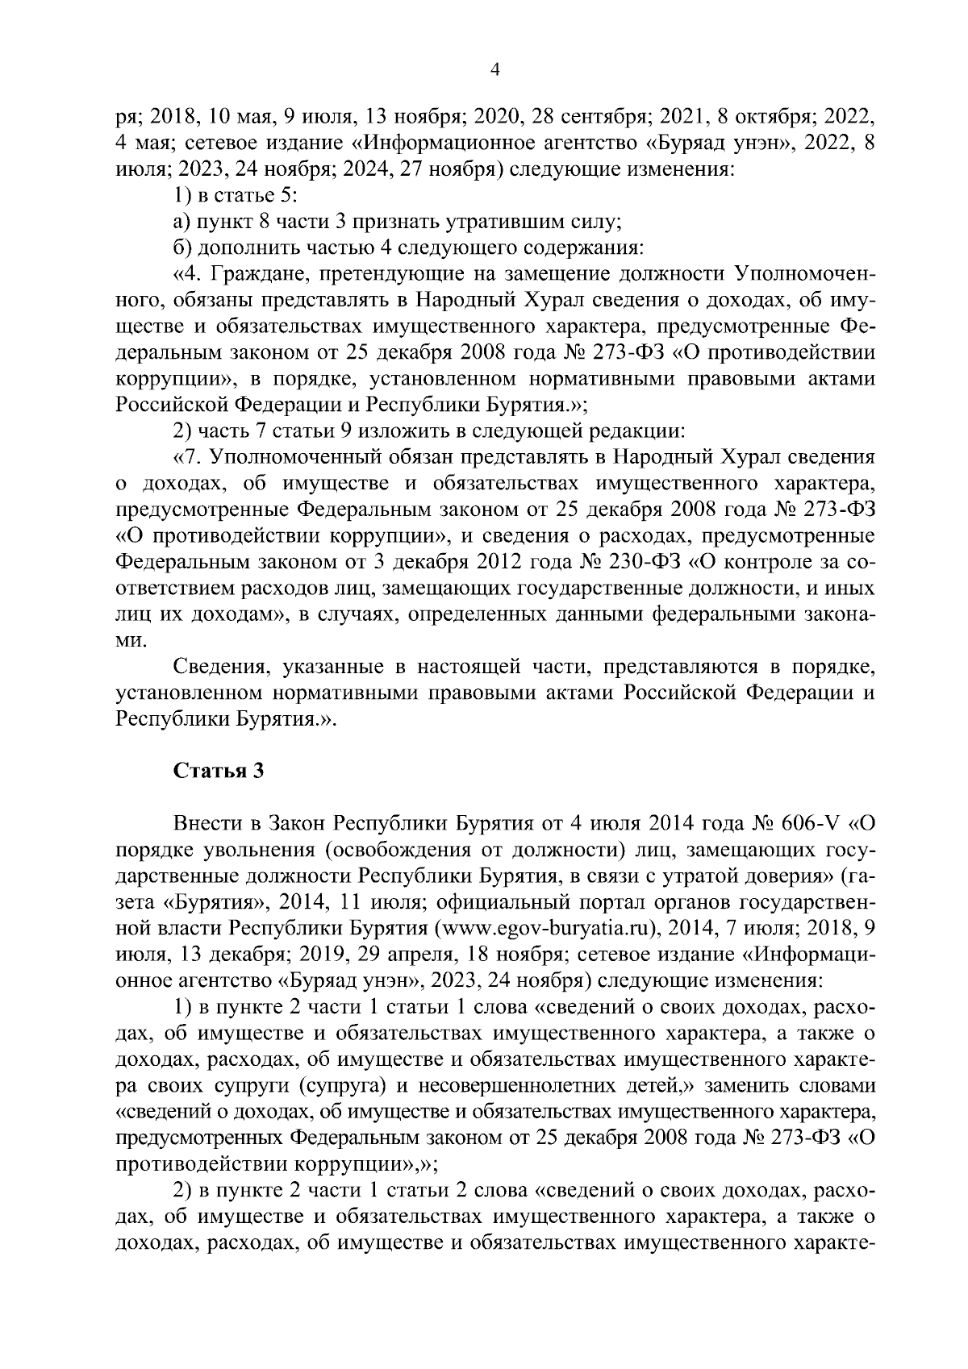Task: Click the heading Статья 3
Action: pyautogui.click(x=219, y=771)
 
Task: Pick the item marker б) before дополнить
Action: pyautogui.click(x=181, y=247)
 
